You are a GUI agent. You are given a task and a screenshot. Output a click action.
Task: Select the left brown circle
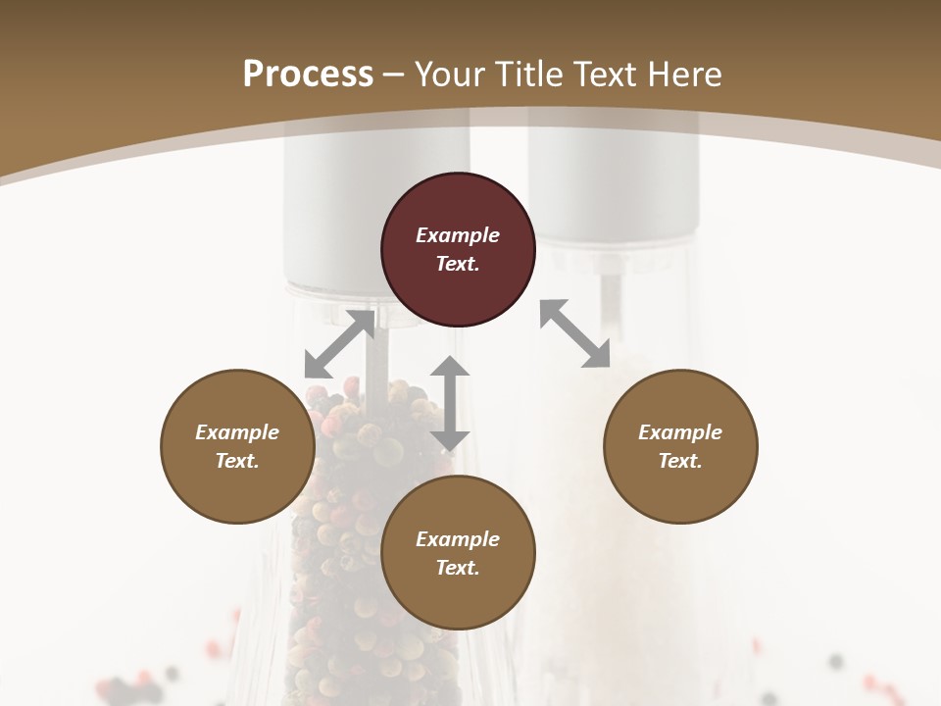237,446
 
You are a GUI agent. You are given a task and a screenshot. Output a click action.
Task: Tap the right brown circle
680,446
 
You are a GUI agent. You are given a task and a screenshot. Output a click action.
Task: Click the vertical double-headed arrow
450,403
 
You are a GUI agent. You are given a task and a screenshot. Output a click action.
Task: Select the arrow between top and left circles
339,344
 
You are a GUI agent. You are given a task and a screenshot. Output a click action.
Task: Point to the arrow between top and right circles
574,333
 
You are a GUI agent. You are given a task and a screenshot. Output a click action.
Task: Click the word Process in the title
308,75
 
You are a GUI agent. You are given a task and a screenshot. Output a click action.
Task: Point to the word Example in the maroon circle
458,235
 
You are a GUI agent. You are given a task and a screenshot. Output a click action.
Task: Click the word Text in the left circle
237,461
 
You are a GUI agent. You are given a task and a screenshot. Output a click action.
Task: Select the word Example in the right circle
680,432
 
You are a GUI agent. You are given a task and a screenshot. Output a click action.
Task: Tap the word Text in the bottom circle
458,568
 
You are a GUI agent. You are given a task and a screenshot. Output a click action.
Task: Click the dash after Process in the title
394,75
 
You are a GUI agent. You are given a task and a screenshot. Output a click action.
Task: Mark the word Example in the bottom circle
458,539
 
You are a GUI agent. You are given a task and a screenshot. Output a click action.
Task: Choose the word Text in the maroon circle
458,264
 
